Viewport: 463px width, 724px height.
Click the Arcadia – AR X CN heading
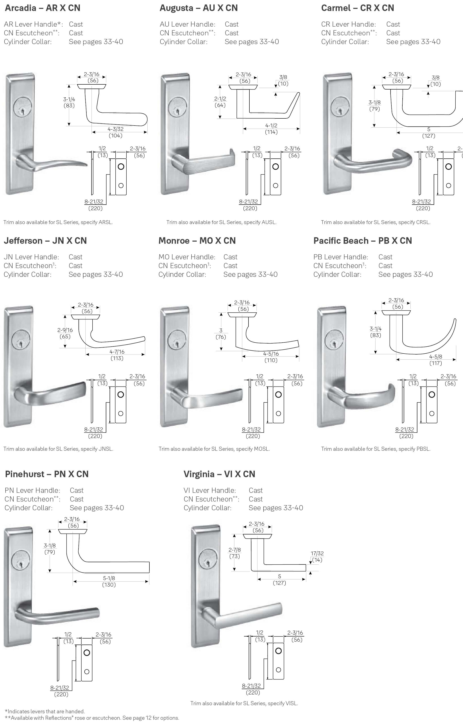[42, 8]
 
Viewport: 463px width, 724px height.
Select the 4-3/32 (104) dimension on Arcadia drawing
[115, 132]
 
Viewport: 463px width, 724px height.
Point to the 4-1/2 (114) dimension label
[271, 129]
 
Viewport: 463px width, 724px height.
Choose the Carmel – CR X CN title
[357, 8]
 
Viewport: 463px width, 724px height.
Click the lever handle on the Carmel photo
[376, 162]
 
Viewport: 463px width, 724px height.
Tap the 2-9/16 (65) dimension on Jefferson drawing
[65, 333]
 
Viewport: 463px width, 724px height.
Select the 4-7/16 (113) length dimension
[117, 355]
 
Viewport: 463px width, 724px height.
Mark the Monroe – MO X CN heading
[197, 241]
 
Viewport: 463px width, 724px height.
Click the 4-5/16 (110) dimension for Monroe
[271, 357]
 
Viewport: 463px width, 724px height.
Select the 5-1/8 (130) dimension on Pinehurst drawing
[109, 581]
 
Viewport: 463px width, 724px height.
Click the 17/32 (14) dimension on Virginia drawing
[317, 556]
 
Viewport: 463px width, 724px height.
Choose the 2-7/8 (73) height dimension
[234, 553]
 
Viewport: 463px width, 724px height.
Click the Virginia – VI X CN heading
[219, 474]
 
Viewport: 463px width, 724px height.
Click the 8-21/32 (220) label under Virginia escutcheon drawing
[252, 689]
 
